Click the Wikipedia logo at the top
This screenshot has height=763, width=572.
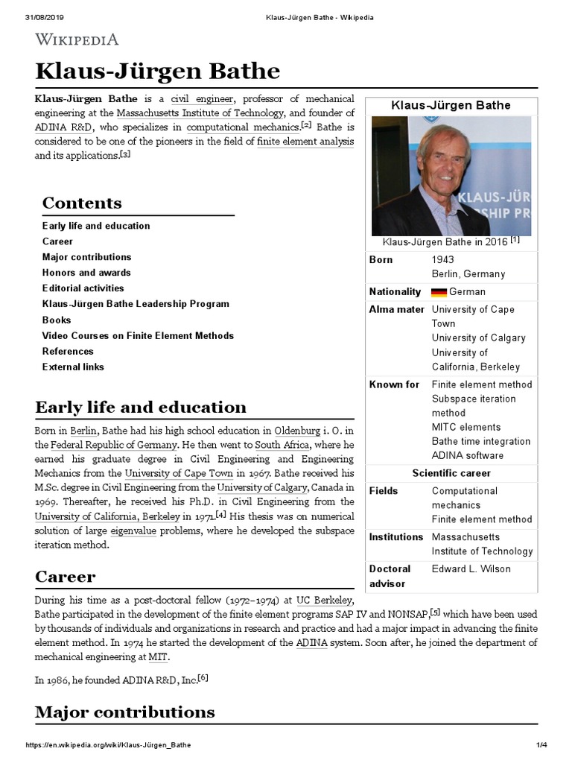click(77, 39)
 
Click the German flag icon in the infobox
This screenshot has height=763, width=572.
click(439, 292)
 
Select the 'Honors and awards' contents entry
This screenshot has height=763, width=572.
click(86, 273)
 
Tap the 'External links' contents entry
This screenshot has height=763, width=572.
click(73, 367)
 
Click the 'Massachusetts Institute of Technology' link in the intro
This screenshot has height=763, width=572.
click(200, 113)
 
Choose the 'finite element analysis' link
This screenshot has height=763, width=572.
click(305, 142)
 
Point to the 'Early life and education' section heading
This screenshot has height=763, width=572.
click(141, 407)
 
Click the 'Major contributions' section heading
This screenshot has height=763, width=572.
click(125, 712)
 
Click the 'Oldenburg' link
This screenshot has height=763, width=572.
click(297, 431)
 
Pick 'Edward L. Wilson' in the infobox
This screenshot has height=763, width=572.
click(471, 569)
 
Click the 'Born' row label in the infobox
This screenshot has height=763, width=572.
click(381, 260)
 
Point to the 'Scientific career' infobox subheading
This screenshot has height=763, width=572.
click(451, 473)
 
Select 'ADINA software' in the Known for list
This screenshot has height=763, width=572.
click(468, 455)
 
